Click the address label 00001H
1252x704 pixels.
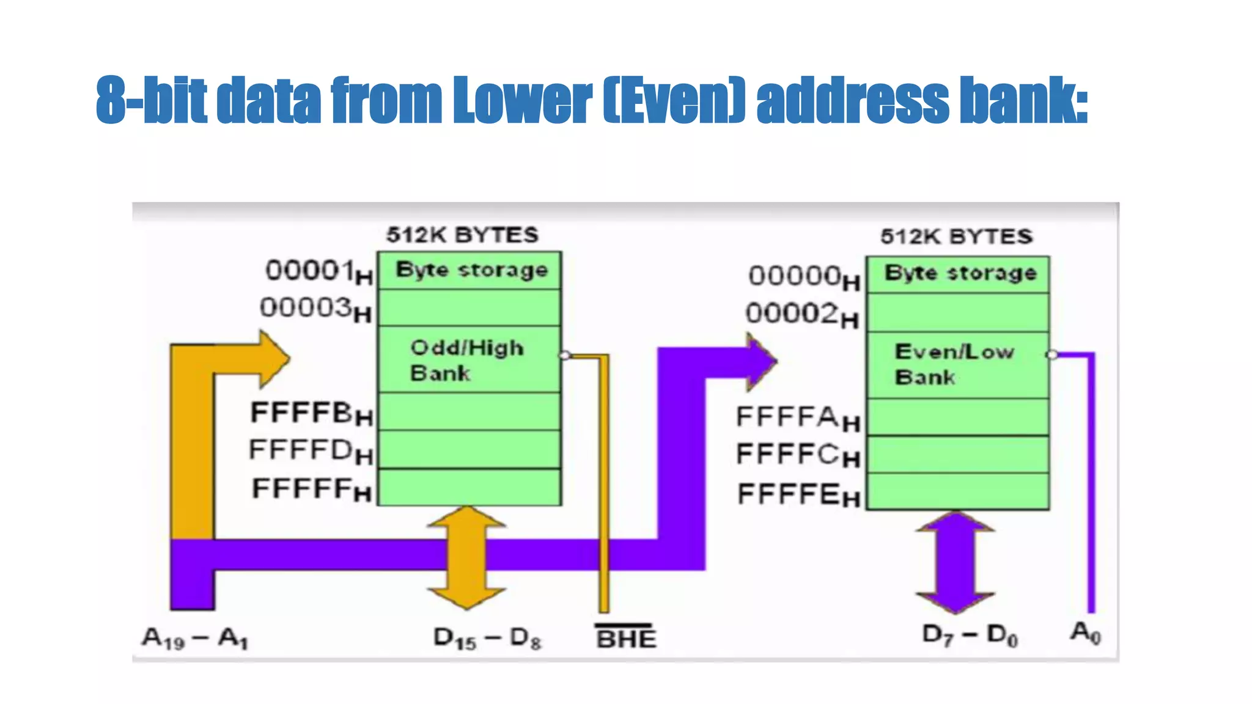click(x=318, y=271)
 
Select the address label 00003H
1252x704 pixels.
click(x=315, y=309)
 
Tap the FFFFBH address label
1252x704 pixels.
click(x=311, y=414)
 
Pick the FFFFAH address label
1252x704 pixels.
click(x=798, y=419)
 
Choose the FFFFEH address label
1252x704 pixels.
click(x=798, y=495)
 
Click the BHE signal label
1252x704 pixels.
click(x=625, y=639)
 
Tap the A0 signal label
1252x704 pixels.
click(x=1086, y=632)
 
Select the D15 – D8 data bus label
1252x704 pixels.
click(x=487, y=639)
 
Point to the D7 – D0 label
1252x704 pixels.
click(x=970, y=636)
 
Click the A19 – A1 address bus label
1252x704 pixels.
click(x=195, y=639)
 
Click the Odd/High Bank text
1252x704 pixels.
click(x=466, y=360)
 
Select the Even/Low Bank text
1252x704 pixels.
click(x=954, y=364)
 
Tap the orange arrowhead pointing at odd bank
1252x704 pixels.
click(x=272, y=359)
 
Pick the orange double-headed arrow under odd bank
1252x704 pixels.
click(x=467, y=557)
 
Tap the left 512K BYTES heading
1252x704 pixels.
click(x=462, y=235)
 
